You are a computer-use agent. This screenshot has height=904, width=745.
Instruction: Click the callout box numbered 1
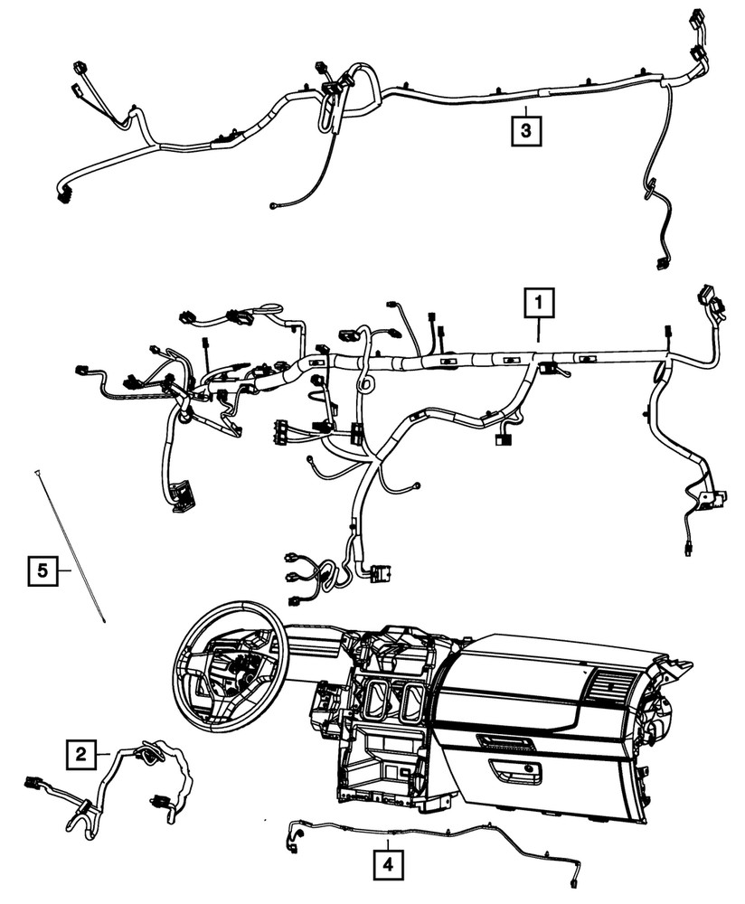[539, 302]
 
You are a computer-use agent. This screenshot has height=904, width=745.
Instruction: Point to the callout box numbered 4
[387, 864]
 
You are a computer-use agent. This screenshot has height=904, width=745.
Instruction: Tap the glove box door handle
[514, 769]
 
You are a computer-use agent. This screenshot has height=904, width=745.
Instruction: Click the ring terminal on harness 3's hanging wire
[273, 205]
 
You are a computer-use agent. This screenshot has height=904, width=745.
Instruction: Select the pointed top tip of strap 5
[38, 472]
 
